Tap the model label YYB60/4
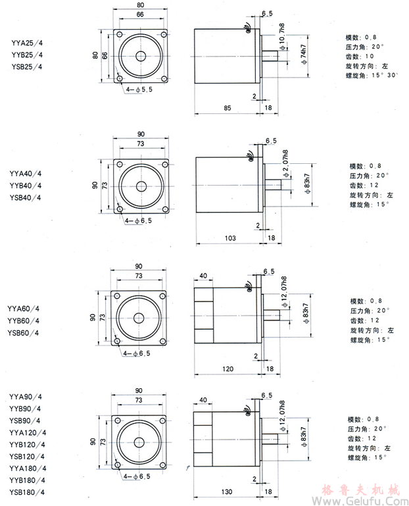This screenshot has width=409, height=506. click(24, 320)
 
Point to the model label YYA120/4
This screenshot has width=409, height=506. click(28, 432)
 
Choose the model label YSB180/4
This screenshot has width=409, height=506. click(28, 492)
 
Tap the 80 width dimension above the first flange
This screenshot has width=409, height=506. click(141, 5)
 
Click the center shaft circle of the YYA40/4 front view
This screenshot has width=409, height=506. click(141, 182)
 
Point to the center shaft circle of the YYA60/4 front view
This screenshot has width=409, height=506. click(139, 318)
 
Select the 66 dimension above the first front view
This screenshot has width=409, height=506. click(140, 14)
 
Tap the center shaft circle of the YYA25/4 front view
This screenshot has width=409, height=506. click(141, 56)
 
